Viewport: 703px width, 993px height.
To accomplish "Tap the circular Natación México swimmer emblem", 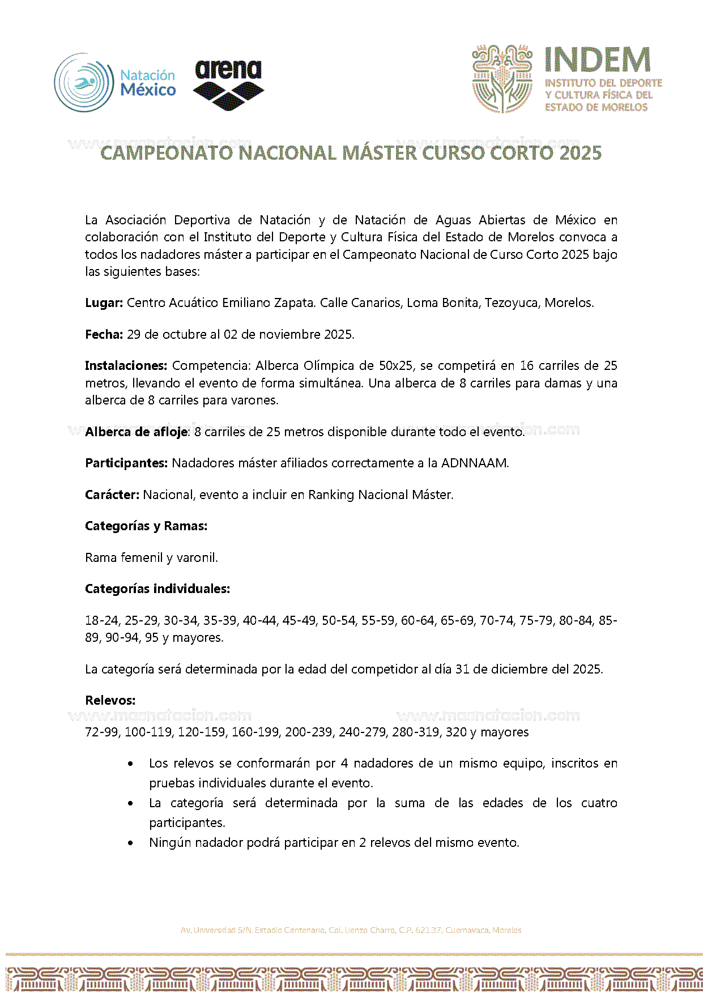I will click(x=84, y=83).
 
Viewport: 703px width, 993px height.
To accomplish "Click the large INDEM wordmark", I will click(x=598, y=59).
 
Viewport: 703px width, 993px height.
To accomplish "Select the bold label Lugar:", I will click(x=104, y=303).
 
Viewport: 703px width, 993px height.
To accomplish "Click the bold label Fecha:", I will click(x=104, y=335).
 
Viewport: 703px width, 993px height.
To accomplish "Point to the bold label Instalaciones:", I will click(x=126, y=366).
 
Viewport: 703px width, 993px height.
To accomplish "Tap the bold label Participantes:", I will click(x=126, y=463).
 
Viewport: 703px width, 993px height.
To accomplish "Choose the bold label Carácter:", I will click(x=112, y=495).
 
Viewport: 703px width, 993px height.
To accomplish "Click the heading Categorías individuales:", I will click(x=157, y=589).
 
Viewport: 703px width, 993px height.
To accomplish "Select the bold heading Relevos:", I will click(x=110, y=701).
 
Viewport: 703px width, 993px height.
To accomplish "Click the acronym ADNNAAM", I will click(x=474, y=463).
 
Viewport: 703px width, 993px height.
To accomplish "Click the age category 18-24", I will click(x=102, y=621).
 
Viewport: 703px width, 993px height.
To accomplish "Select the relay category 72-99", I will click(x=101, y=732).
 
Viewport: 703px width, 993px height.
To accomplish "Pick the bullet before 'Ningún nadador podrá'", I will click(x=131, y=843).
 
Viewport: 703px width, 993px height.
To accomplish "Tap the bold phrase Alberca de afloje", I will click(x=136, y=432).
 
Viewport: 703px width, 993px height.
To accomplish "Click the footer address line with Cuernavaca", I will click(x=351, y=930).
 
